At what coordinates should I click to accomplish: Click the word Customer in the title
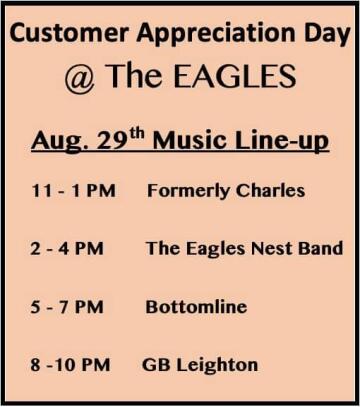[x=69, y=33]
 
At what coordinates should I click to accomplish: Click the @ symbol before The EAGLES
[x=80, y=78]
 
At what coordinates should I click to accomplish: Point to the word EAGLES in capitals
[x=235, y=76]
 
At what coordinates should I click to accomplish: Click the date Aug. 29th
[x=88, y=141]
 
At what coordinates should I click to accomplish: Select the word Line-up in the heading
[x=282, y=142]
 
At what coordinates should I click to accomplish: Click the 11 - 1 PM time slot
[x=74, y=191]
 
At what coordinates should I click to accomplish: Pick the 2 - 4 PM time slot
[x=67, y=249]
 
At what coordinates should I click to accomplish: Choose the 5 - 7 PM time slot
[x=67, y=307]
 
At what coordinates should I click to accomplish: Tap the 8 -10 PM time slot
[x=70, y=365]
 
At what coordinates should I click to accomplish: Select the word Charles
[x=270, y=191]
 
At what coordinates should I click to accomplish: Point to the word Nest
[x=272, y=249]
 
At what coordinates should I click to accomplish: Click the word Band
[x=321, y=249]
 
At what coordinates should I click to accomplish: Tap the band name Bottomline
[x=196, y=307]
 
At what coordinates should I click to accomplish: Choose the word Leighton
[x=217, y=366]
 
